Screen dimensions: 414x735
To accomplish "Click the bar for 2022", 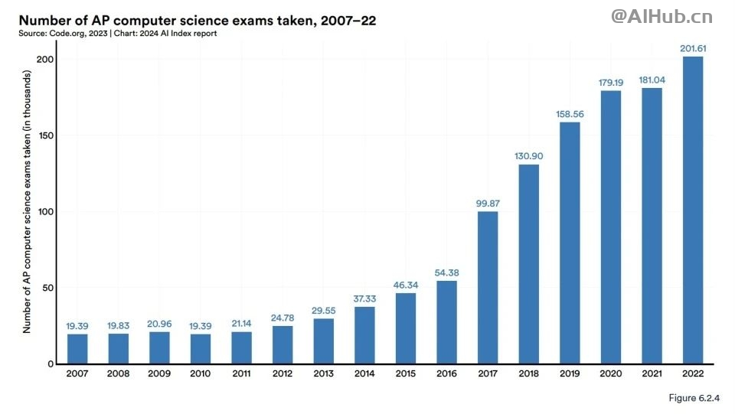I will click(692, 210).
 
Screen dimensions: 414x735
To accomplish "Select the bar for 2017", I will click(488, 288).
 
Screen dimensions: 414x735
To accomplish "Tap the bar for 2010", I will click(201, 349).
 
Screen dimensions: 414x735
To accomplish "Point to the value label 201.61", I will click(692, 49).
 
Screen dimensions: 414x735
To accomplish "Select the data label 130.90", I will click(528, 156).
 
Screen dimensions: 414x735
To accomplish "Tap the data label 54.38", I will click(446, 273).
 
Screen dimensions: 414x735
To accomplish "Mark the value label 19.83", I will click(119, 326).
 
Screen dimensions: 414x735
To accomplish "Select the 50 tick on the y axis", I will click(49, 288).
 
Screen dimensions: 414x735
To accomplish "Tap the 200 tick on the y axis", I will click(46, 60).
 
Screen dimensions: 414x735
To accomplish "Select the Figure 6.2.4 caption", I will click(693, 399).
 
